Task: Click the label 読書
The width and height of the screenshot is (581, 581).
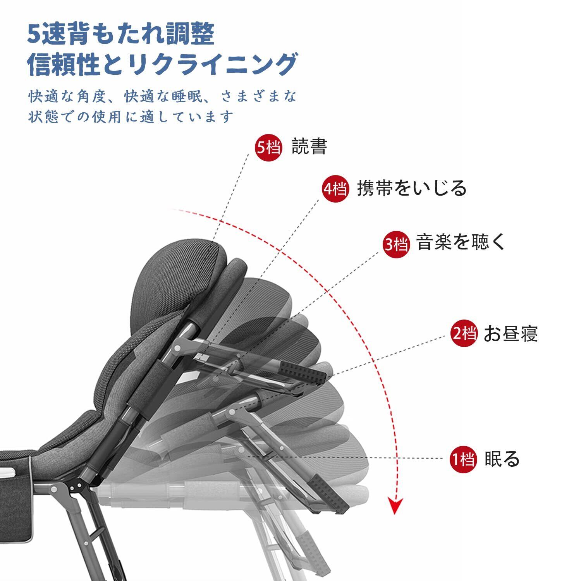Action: click(x=309, y=147)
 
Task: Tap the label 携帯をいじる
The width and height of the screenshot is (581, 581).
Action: click(x=411, y=189)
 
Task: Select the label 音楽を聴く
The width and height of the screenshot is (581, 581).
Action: click(x=461, y=243)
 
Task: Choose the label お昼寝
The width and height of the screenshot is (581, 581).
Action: click(x=511, y=333)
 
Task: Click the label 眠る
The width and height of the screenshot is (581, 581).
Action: click(x=502, y=459)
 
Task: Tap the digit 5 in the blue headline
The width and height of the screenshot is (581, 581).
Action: click(x=33, y=34)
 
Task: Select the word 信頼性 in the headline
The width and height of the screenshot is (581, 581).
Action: click(x=64, y=64)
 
